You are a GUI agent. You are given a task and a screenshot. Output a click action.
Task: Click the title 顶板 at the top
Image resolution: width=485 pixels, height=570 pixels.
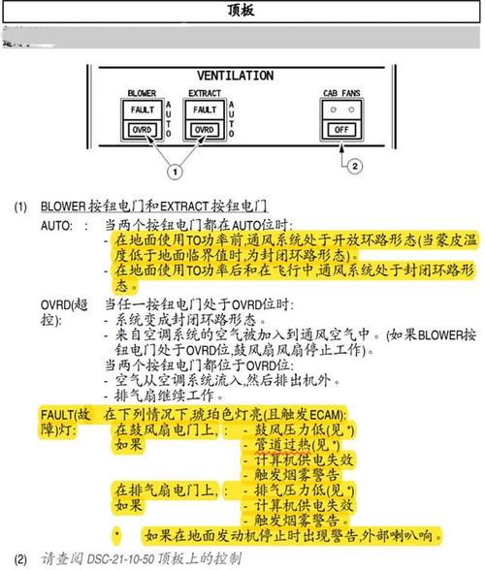241,10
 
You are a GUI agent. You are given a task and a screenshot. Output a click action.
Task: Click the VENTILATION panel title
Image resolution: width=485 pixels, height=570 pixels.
236,76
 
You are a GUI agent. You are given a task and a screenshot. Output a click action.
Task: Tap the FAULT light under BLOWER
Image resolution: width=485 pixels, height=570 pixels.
143,110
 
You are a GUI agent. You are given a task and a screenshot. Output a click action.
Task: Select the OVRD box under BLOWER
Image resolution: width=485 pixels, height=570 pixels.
142,130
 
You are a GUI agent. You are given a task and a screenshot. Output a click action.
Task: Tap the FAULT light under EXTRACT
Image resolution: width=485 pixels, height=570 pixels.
205,110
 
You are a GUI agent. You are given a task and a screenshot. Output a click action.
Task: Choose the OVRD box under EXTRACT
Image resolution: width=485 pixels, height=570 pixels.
205,130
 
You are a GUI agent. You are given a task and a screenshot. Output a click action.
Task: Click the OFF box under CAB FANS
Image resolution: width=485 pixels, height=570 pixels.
341,130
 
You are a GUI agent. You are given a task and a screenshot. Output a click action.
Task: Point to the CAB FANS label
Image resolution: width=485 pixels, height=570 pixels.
341,93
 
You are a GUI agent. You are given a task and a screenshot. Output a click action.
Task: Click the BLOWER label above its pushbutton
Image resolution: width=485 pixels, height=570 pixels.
142,93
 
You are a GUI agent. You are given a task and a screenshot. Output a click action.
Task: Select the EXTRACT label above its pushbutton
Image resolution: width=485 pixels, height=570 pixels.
205,93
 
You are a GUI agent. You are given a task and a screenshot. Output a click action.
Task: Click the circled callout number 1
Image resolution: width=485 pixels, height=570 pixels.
175,172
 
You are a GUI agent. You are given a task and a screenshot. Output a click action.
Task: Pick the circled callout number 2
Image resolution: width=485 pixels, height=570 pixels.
355,167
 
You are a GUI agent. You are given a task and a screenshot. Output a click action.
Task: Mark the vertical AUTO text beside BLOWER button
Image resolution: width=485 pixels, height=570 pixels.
168,119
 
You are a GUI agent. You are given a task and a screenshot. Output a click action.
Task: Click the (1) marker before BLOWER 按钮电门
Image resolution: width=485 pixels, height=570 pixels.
20,206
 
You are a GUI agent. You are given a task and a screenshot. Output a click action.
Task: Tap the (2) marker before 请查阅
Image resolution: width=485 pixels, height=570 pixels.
20,559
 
